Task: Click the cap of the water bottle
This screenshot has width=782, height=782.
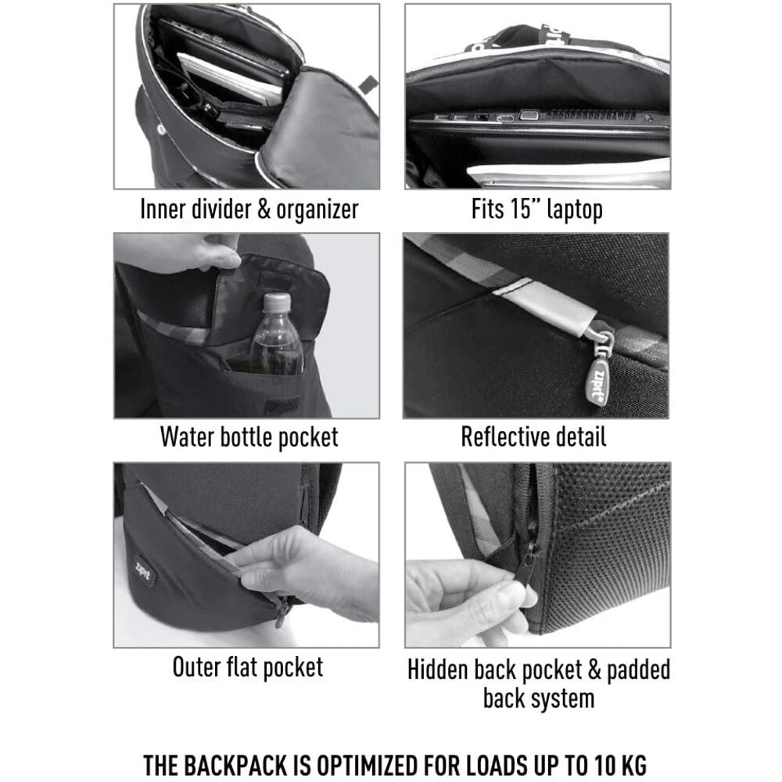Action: pyautogui.click(x=276, y=301)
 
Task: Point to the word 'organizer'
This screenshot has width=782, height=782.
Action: pyautogui.click(x=317, y=210)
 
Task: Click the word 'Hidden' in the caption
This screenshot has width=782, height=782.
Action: pyautogui.click(x=438, y=669)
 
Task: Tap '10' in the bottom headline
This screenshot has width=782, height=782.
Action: pyautogui.click(x=605, y=765)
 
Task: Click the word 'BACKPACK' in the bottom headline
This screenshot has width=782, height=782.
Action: pyautogui.click(x=236, y=765)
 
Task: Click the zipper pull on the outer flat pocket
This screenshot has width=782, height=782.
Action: pyautogui.click(x=281, y=611)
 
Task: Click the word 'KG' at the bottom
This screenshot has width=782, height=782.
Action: pyautogui.click(x=633, y=765)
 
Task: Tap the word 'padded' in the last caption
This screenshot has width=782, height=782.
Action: pyautogui.click(x=638, y=671)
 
